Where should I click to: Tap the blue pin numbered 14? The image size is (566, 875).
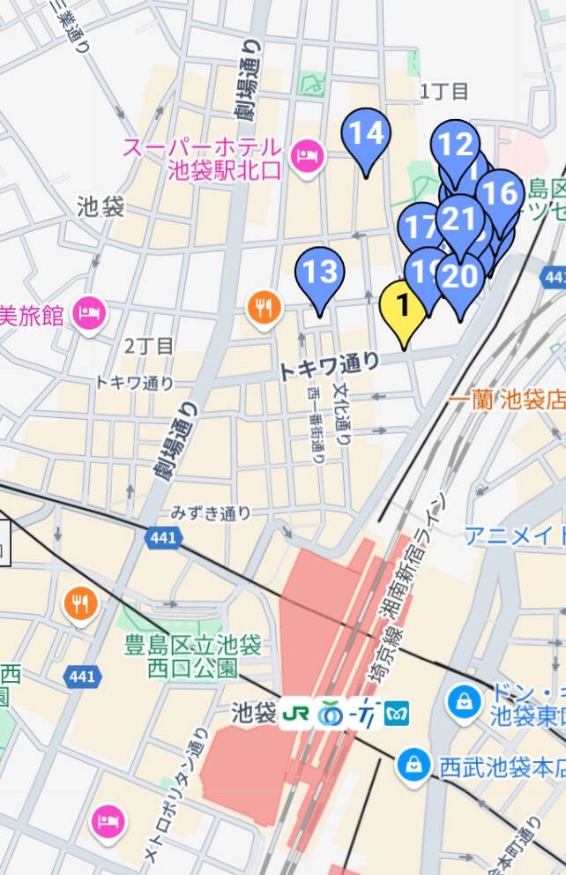pyautogui.click(x=366, y=134)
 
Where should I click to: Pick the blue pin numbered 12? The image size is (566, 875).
pyautogui.click(x=455, y=144)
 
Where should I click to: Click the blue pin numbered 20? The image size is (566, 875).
pyautogui.click(x=459, y=278)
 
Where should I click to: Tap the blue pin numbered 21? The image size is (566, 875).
pyautogui.click(x=459, y=218)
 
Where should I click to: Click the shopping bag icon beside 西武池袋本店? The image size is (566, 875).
pyautogui.click(x=412, y=766)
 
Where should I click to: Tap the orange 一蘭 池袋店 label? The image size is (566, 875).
pyautogui.click(x=506, y=400)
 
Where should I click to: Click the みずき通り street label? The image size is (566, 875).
pyautogui.click(x=211, y=512)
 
